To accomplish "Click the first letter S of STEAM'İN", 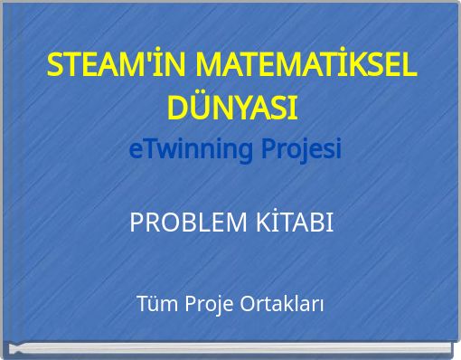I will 55,66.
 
